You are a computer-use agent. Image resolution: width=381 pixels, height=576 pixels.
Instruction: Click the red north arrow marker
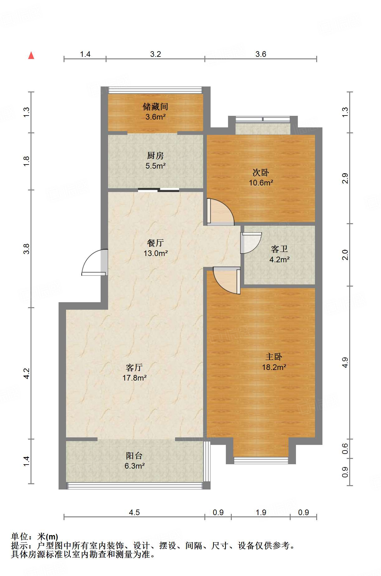[x=31, y=55]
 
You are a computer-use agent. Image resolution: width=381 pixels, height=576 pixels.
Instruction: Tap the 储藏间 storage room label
[x=155, y=107]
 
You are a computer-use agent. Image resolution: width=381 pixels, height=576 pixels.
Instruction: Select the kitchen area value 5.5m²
[x=155, y=166]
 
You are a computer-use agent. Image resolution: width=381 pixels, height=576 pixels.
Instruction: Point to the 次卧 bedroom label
[x=261, y=172]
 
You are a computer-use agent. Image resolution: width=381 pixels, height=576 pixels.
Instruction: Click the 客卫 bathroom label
[x=279, y=249]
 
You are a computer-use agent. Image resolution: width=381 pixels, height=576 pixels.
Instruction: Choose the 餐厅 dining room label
[x=155, y=243]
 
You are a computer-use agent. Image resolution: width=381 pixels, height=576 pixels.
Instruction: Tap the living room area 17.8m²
[x=135, y=378]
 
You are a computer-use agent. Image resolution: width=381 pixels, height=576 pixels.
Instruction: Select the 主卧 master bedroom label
[x=274, y=357]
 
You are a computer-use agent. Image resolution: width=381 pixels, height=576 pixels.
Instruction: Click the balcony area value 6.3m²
[x=135, y=466]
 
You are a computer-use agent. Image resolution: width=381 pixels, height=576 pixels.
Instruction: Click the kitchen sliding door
[x=159, y=190]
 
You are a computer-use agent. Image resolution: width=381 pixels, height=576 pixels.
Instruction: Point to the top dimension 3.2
[x=155, y=54]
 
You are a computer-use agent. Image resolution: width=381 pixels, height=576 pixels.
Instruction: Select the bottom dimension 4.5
[x=134, y=512]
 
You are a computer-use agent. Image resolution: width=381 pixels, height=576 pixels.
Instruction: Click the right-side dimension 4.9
[x=345, y=362]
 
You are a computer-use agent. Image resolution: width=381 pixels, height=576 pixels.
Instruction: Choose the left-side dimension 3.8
[x=26, y=249]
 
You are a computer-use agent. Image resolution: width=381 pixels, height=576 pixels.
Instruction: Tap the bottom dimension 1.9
[x=261, y=512]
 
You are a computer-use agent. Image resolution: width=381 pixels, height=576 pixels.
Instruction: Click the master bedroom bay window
[x=261, y=460]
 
